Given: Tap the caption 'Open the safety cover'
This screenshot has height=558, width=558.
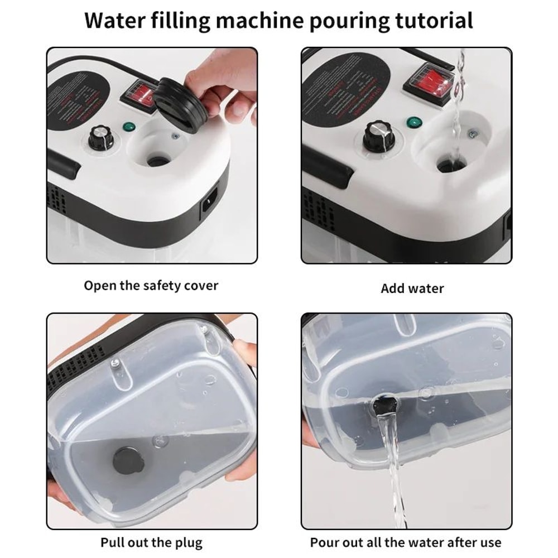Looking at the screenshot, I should pyautogui.click(x=151, y=286).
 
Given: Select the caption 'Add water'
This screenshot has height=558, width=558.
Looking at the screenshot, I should pyautogui.click(x=412, y=288).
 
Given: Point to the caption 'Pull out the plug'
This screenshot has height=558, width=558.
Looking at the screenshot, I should pyautogui.click(x=151, y=542).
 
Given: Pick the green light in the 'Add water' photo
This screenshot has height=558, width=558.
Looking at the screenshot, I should pyautogui.click(x=413, y=123).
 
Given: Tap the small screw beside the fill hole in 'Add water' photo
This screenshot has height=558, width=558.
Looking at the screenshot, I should pyautogui.click(x=473, y=133).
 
